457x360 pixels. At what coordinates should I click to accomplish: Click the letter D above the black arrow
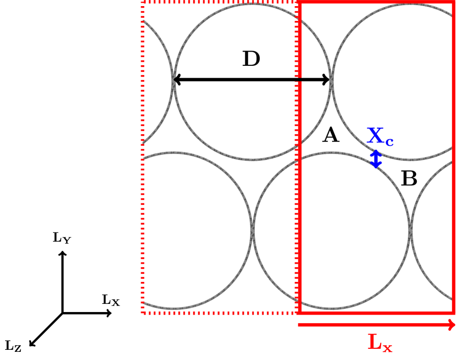[x=251, y=59]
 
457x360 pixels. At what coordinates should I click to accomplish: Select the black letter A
[x=331, y=136]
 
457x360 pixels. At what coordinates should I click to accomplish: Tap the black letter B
[x=409, y=179]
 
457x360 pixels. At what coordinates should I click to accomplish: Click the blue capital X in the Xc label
[x=375, y=136]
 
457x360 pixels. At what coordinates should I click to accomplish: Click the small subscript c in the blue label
[x=389, y=141]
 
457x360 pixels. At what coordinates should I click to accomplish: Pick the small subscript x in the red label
[x=388, y=348]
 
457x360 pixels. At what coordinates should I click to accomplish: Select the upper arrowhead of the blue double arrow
[x=375, y=152]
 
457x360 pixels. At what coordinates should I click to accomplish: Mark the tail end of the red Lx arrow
[x=299, y=325]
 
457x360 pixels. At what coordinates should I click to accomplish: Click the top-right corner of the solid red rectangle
[x=453, y=2]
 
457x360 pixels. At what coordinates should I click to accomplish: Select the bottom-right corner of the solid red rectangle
[x=453, y=312]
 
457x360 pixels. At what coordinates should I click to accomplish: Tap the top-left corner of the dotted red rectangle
[x=143, y=2]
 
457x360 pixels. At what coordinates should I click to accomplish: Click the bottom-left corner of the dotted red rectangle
[x=143, y=313]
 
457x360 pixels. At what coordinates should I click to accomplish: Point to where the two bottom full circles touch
[x=253, y=230]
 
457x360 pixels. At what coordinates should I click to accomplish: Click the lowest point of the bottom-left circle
[x=174, y=308]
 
